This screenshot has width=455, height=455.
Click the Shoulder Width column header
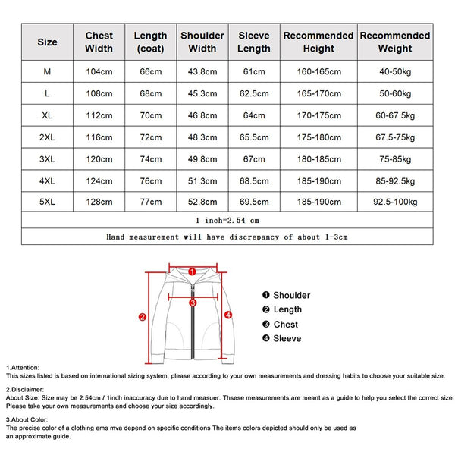(x=202, y=42)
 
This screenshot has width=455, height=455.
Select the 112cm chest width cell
(x=99, y=115)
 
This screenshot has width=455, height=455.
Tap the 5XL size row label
(x=47, y=202)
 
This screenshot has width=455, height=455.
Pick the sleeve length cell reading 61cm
(x=254, y=72)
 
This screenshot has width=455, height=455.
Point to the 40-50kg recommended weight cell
(x=394, y=72)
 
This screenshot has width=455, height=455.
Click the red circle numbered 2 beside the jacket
(x=143, y=318)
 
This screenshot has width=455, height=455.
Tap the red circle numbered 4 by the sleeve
(x=228, y=314)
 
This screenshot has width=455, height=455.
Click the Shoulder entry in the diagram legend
(x=286, y=295)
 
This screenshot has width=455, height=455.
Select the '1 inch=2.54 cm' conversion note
(x=227, y=220)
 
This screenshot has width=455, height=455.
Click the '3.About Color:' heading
(x=27, y=419)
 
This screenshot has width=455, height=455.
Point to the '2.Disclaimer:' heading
(x=25, y=389)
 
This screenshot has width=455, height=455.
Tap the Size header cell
(x=47, y=42)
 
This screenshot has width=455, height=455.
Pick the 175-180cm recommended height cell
(x=318, y=137)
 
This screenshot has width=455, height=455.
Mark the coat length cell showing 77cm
(x=150, y=202)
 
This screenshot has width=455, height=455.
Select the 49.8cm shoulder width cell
(x=202, y=159)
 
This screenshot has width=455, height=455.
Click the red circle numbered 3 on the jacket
(x=193, y=302)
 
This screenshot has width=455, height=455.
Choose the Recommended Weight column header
(x=394, y=42)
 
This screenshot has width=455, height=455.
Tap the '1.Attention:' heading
(x=24, y=367)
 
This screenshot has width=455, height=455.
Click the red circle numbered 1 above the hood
(x=192, y=271)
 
